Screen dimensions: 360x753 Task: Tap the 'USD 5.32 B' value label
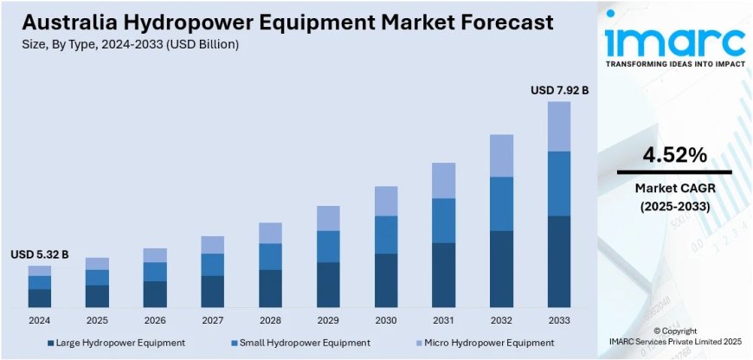tap(39, 254)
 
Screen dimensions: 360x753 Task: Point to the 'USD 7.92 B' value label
tap(559, 90)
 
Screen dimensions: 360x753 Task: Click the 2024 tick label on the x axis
tap(39, 320)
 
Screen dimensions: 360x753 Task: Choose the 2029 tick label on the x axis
tap(328, 320)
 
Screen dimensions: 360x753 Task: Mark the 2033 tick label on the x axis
tap(559, 320)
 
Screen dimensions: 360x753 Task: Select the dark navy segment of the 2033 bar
tap(559, 261)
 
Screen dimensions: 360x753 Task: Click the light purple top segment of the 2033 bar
tap(559, 126)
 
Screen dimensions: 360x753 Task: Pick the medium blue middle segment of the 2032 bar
tap(502, 203)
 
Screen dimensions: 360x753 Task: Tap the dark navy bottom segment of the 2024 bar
tap(39, 299)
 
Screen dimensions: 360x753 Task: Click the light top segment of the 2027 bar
tap(213, 245)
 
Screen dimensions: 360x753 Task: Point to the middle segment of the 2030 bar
tap(386, 235)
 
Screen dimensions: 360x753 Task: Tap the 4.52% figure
tap(674, 156)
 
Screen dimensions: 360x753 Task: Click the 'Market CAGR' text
tap(674, 188)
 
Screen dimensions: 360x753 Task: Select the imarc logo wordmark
tap(674, 40)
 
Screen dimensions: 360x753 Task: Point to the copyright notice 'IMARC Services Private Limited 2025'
tap(674, 343)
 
